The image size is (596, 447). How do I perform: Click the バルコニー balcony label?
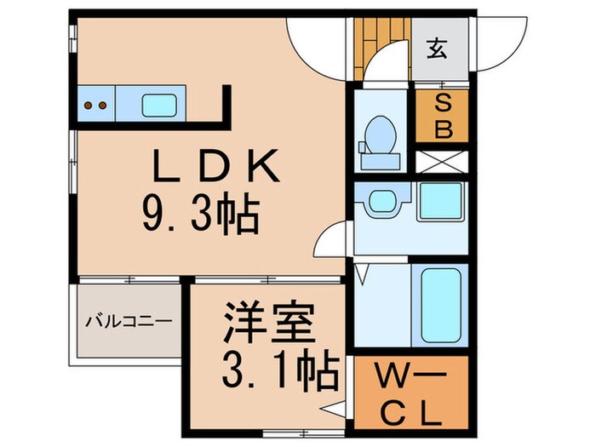click(129, 322)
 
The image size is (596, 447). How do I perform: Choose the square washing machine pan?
click(440, 203)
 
